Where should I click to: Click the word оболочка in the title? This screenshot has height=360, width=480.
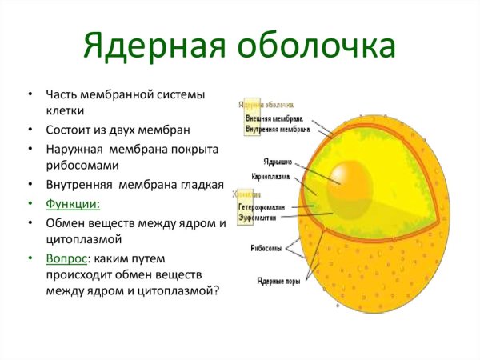tap(316, 46)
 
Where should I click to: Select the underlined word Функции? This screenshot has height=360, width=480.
tap(73, 203)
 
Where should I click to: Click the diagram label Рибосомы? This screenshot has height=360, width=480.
tap(266, 248)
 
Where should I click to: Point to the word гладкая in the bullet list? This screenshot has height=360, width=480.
tap(202, 185)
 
